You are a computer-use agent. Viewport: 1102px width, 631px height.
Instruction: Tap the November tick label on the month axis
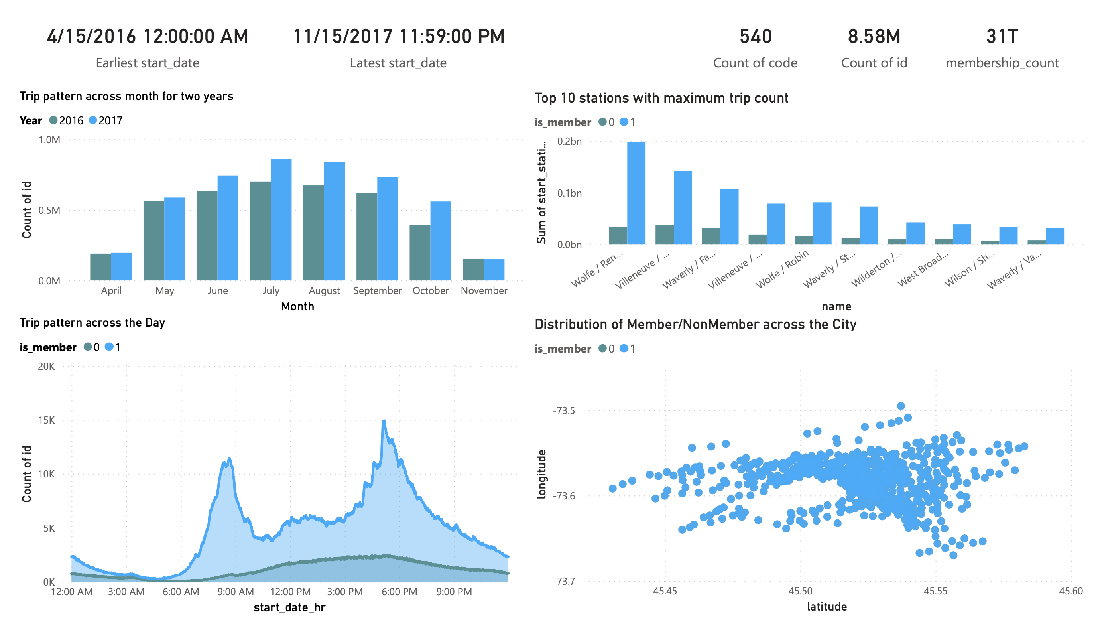coord(484,290)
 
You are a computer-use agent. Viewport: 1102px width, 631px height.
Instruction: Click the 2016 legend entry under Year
coord(67,120)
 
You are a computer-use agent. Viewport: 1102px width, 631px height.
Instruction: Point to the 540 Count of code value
coord(755,36)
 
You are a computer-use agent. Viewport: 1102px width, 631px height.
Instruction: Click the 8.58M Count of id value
coord(874,36)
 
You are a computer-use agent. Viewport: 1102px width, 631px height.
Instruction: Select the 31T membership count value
coord(1002,36)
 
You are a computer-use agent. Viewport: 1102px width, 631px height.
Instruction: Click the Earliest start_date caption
coord(147,63)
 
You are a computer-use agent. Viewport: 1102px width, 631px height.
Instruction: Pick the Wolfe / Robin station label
coord(783,269)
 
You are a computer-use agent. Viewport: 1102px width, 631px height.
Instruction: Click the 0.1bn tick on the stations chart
coord(569,193)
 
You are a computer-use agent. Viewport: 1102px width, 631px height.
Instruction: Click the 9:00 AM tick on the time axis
coord(236,592)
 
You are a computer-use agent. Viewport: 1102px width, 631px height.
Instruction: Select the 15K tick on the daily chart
coord(46,420)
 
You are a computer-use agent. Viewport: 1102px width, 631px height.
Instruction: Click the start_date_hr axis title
coord(289,607)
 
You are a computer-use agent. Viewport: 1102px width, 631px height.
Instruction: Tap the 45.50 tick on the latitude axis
coord(801,591)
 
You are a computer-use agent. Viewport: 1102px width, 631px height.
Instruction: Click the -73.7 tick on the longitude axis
coord(564,581)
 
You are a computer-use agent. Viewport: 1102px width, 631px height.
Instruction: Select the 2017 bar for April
coord(121,266)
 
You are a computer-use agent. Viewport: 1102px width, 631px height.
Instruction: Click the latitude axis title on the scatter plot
coord(826,607)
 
